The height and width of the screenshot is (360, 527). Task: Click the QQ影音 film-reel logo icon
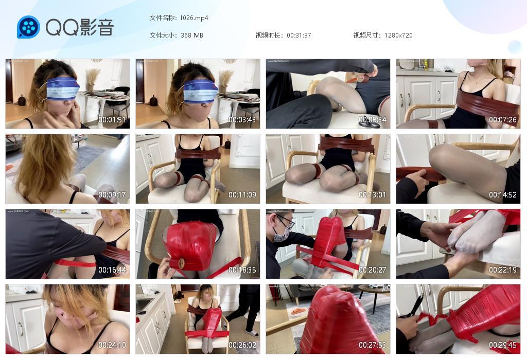pyautogui.click(x=28, y=27)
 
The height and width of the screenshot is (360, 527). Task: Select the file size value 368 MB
pyautogui.click(x=192, y=35)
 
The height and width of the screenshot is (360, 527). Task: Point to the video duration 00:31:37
pyautogui.click(x=298, y=35)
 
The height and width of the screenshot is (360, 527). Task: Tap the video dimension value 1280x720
pyautogui.click(x=398, y=35)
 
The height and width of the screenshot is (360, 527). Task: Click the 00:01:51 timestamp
pyautogui.click(x=112, y=120)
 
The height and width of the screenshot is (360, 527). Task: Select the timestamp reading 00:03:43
pyautogui.click(x=242, y=120)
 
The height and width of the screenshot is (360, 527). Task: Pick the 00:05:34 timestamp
pyautogui.click(x=373, y=120)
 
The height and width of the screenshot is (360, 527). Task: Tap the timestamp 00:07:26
pyautogui.click(x=503, y=120)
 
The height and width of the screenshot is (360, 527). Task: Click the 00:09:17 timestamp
pyautogui.click(x=112, y=195)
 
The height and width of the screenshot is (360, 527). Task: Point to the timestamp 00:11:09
pyautogui.click(x=242, y=195)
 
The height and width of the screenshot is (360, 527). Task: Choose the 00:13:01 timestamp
pyautogui.click(x=373, y=195)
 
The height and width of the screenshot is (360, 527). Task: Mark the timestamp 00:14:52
pyautogui.click(x=503, y=195)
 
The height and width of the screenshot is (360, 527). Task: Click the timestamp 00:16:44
pyautogui.click(x=112, y=270)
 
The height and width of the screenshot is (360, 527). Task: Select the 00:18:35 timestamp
pyautogui.click(x=242, y=270)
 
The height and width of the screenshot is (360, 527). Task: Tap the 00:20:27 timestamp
pyautogui.click(x=373, y=270)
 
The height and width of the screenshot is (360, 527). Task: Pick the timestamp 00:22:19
pyautogui.click(x=503, y=270)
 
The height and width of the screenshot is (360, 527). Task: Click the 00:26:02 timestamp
pyautogui.click(x=242, y=345)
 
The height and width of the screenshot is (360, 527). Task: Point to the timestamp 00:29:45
pyautogui.click(x=503, y=345)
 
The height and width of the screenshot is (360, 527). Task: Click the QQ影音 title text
pyautogui.click(x=79, y=27)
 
